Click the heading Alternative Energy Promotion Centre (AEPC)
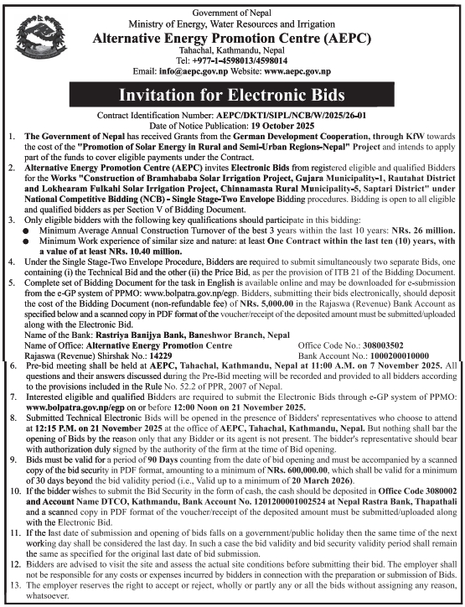(232, 38)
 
